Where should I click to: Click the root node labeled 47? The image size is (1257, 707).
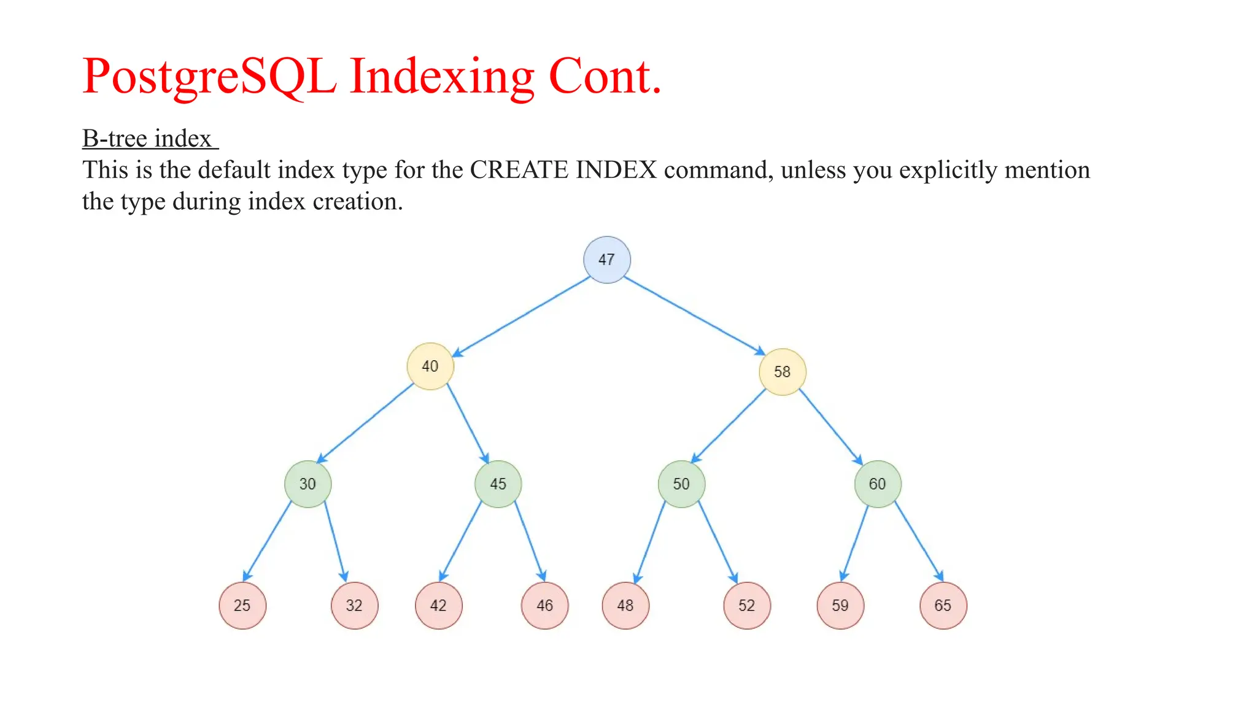point(606,260)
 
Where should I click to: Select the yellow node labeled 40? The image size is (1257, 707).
point(430,366)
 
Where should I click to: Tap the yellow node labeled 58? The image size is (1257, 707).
point(782,372)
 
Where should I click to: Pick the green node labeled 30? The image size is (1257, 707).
point(307,484)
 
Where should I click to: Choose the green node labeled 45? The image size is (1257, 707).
point(498,484)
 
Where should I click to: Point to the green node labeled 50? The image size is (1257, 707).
point(681,484)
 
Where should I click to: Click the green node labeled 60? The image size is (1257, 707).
point(878,484)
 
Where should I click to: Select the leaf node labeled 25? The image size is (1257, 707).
point(242,606)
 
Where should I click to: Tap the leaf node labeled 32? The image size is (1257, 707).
point(354,606)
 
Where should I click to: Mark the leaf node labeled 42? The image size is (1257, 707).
point(438,606)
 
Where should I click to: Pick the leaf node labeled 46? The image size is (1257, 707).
point(544,606)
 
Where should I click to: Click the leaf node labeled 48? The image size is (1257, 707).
point(625,606)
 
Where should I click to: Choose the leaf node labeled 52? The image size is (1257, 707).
point(746,606)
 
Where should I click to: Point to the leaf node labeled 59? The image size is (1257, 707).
point(840,606)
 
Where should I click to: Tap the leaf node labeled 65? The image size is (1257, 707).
point(943,606)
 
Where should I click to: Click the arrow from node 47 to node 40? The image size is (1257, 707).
point(522,316)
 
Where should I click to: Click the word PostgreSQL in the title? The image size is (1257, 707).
point(209,77)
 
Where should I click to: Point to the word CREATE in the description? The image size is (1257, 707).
point(519,170)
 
